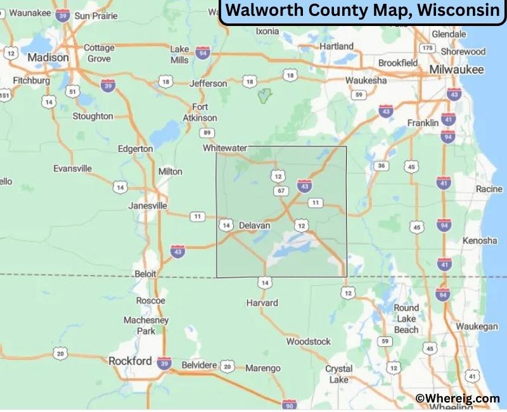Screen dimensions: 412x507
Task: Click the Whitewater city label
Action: pos(224,148)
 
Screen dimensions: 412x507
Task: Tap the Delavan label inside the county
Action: pos(254,225)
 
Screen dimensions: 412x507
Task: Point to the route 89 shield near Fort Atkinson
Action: pos(207,132)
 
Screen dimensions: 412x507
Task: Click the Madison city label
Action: pos(48,57)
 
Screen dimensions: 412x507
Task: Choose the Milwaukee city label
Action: pos(456,69)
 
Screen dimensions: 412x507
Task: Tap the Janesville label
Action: pos(148,205)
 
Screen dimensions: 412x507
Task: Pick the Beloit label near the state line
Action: pos(145,273)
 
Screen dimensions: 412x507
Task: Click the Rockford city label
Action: pos(130,361)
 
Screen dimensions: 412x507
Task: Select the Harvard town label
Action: pos(262,302)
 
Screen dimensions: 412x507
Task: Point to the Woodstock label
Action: pos(308,341)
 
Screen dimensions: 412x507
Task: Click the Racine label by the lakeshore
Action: pos(489,189)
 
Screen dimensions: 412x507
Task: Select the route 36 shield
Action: pos(380,166)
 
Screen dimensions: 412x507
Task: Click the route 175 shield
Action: pos(428,48)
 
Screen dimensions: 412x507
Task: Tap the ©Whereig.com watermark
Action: pos(458,398)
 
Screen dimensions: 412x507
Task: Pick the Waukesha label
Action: pos(366,80)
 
